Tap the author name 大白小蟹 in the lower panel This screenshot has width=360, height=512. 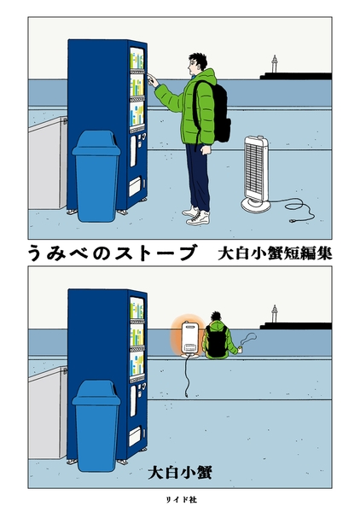click(x=180, y=470)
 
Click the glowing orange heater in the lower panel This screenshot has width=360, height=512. click(x=189, y=338)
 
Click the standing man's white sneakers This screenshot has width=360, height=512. click(x=197, y=215)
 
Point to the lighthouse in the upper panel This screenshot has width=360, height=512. click(x=274, y=66)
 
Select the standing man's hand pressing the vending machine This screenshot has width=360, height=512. click(x=153, y=81)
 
